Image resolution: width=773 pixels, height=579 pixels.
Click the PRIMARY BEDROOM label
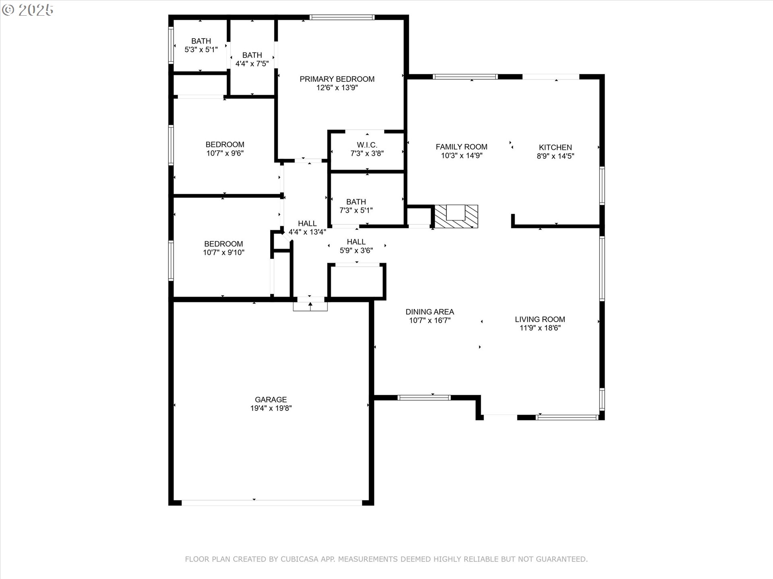coord(337,79)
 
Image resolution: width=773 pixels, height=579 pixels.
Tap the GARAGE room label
coord(271,400)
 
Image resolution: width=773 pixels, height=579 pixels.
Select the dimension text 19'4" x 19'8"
coord(271,408)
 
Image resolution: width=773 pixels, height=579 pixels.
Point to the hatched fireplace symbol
coord(456,216)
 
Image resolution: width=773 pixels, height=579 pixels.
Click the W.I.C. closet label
coord(367,145)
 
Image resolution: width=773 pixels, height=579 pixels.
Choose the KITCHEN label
coord(556,148)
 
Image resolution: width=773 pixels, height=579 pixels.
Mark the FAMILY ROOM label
coord(461,147)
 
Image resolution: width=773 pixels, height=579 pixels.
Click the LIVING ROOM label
coord(540,320)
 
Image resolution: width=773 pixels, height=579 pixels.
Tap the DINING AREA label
coord(430,312)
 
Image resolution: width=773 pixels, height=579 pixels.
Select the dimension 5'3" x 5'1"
coord(201,49)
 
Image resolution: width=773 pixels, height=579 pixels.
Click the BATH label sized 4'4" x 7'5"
coord(252,55)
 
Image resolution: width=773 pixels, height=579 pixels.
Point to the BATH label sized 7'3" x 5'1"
coord(356,202)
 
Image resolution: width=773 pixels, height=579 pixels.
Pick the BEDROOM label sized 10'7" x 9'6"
coord(225,145)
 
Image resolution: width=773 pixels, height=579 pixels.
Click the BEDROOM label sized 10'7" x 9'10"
coord(223,244)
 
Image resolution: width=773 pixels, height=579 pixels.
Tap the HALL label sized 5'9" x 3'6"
coord(356,242)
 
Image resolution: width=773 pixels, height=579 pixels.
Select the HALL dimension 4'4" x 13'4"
coord(307,232)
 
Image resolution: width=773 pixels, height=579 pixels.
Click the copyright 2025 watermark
coord(28,10)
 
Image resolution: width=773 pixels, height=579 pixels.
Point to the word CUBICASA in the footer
coord(298,559)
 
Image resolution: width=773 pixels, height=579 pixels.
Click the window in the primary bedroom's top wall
coord(342,17)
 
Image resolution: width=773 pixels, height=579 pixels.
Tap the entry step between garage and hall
coord(310,306)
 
